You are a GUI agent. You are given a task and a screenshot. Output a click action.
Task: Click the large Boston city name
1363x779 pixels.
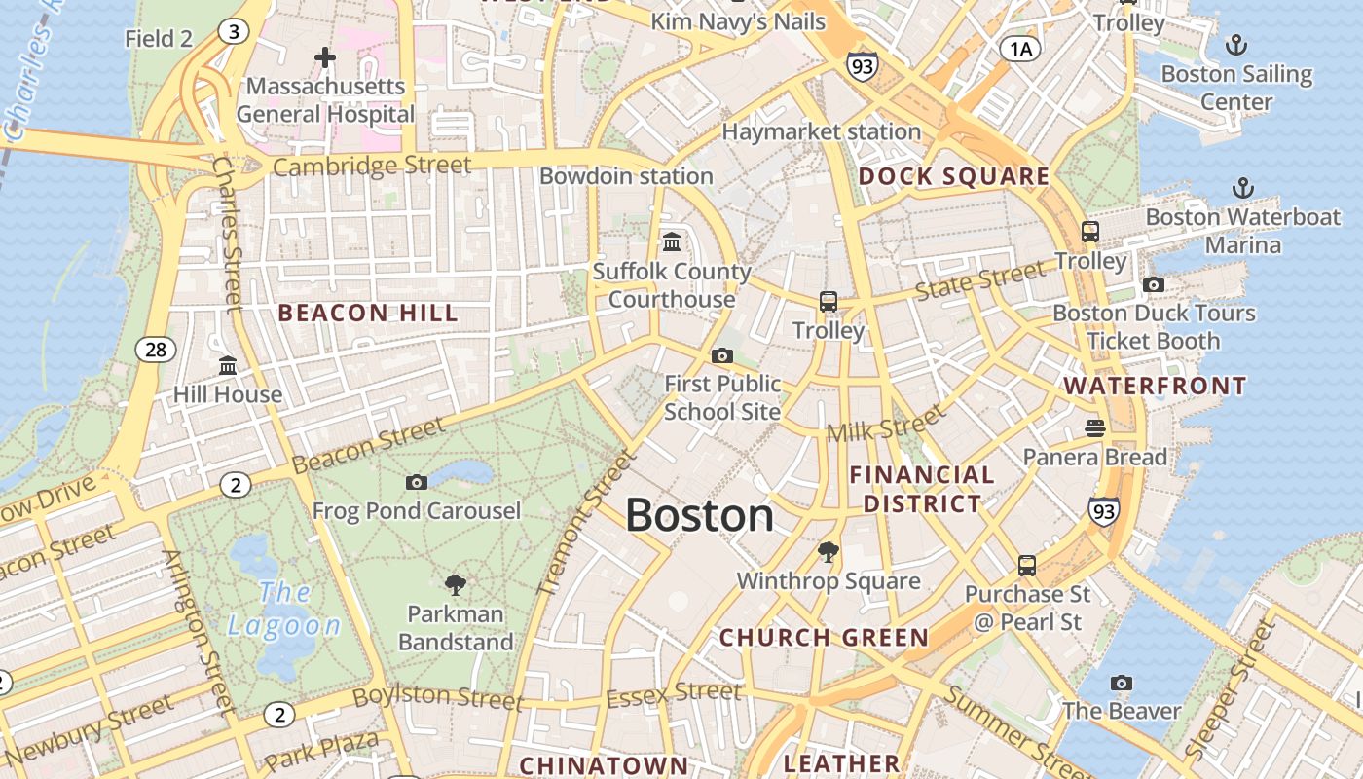click(699, 515)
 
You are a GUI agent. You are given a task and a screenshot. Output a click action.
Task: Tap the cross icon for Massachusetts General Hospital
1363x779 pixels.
click(325, 58)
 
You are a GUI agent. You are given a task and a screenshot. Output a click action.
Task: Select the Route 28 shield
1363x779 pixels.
click(156, 350)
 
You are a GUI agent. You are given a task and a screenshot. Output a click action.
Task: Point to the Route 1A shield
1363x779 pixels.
click(1020, 49)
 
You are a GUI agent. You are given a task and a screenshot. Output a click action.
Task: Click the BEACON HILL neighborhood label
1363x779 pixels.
click(368, 314)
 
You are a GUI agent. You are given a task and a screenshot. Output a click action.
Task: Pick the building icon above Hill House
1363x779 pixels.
click(228, 366)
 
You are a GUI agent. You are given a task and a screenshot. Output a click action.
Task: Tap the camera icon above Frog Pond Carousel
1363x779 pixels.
click(417, 482)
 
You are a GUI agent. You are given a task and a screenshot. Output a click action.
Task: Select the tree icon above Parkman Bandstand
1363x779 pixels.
click(455, 585)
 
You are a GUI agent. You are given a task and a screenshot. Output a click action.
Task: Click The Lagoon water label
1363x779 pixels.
click(284, 609)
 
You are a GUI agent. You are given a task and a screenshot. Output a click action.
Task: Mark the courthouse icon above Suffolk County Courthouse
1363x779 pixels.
click(672, 241)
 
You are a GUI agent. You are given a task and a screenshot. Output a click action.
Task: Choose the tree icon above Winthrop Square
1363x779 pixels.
click(829, 552)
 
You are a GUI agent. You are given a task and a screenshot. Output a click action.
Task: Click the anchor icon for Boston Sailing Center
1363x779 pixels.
click(1235, 45)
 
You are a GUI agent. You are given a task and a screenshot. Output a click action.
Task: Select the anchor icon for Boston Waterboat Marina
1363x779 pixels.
click(1243, 188)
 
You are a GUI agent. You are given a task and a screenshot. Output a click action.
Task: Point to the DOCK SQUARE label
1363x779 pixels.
click(954, 176)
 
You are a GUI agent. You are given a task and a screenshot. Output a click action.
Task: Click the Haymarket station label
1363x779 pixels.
click(822, 131)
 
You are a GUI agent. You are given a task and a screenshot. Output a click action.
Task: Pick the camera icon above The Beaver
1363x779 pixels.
click(1122, 683)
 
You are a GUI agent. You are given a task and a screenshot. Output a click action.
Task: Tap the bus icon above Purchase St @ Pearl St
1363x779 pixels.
click(1027, 565)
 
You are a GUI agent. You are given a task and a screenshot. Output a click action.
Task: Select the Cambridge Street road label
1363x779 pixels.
click(372, 166)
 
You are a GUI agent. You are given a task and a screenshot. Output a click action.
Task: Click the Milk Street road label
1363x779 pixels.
click(885, 425)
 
